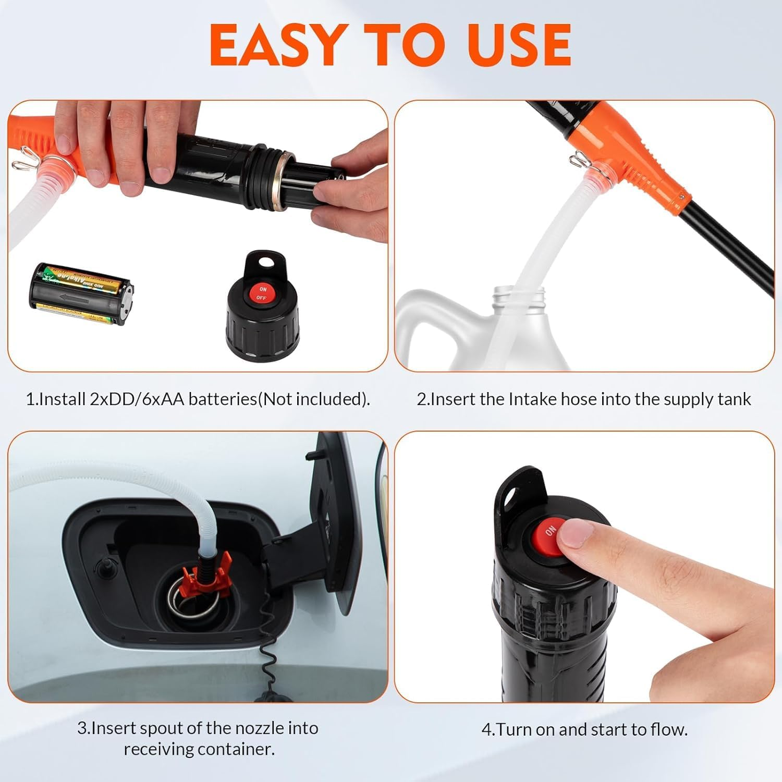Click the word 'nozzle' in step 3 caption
click(x=261, y=728)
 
